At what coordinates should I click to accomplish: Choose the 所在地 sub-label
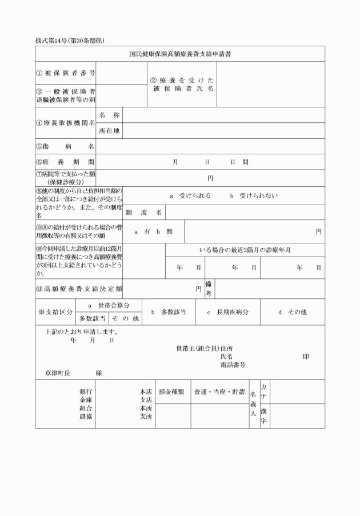tap(109, 131)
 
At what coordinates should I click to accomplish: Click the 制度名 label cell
tap(144, 213)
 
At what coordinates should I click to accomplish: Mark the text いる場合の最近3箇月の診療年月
tap(245, 250)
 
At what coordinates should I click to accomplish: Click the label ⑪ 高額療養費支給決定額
tap(79, 289)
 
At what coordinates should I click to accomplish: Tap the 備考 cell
tap(209, 289)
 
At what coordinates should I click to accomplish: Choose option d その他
tap(293, 312)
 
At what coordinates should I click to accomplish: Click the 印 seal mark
tap(306, 356)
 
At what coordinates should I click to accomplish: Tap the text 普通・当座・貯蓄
tap(219, 392)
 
